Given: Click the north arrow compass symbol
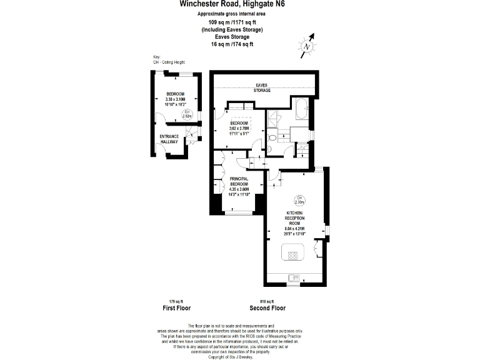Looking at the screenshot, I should (307, 46).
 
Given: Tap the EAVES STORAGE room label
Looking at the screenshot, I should (262, 88).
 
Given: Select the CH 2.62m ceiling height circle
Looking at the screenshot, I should (186, 114).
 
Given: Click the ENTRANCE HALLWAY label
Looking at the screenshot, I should (169, 139).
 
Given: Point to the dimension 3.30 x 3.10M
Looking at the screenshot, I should (175, 99).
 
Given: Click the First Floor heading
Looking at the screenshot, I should (176, 308).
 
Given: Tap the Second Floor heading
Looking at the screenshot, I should (267, 308).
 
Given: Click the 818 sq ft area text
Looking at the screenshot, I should (267, 301).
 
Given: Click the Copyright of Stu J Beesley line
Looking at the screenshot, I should (230, 356).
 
